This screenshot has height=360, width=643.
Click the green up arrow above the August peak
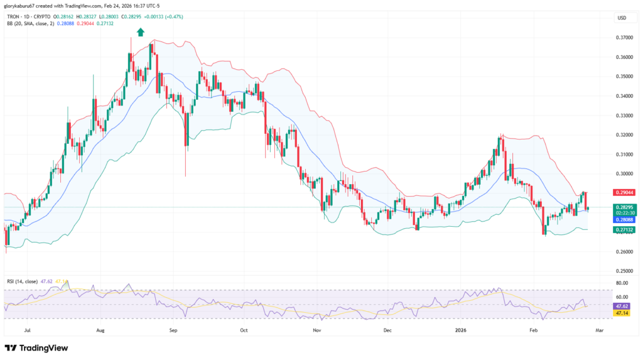141,31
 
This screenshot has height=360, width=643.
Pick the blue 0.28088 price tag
624,220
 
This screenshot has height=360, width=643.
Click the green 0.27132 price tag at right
624,230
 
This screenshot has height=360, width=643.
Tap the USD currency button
622,18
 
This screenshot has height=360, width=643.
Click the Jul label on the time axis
26,329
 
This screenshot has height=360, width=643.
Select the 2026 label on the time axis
461,329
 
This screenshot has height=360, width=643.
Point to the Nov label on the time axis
317,329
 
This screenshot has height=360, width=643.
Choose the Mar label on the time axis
599,329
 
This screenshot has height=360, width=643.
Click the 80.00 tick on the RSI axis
622,284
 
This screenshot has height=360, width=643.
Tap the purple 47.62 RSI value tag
624,305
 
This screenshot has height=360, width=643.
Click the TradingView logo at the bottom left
36,347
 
